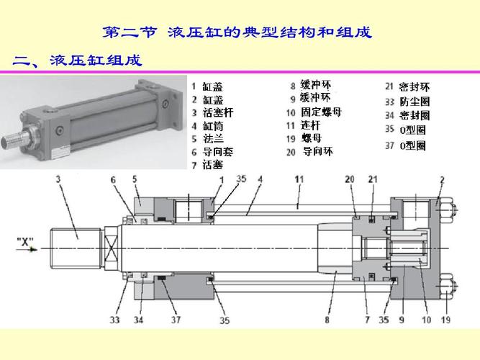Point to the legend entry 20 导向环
(309, 152)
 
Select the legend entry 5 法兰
(208, 139)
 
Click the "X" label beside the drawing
(25, 242)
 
